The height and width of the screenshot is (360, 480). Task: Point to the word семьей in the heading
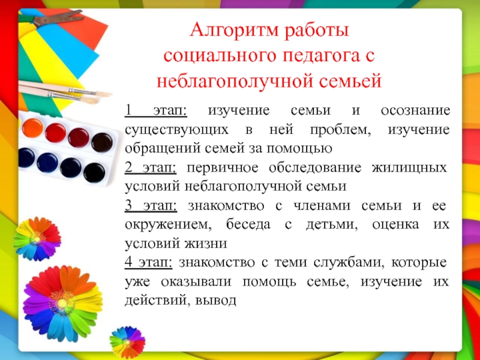tap(350, 82)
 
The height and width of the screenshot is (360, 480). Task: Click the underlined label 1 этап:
tap(156, 110)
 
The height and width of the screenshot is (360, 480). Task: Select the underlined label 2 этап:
tap(151, 167)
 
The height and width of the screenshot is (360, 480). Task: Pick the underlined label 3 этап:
tap(151, 205)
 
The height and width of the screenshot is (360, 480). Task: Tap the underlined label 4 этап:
tap(148, 262)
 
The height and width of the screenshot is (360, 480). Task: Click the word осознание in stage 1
tap(415, 110)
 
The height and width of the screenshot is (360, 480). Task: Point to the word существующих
tap(176, 130)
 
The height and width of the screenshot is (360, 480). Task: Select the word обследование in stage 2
tap(315, 167)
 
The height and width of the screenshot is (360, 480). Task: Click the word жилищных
tap(409, 168)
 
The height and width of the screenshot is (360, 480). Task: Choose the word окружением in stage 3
tap(168, 224)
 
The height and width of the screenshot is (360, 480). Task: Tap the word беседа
tap(248, 224)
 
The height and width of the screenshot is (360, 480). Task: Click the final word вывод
tap(215, 301)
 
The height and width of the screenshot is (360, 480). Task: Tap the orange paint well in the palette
tap(33, 128)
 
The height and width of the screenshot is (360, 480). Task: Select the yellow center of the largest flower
tap(62, 304)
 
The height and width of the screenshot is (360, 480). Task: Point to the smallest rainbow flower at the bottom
tap(127, 342)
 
